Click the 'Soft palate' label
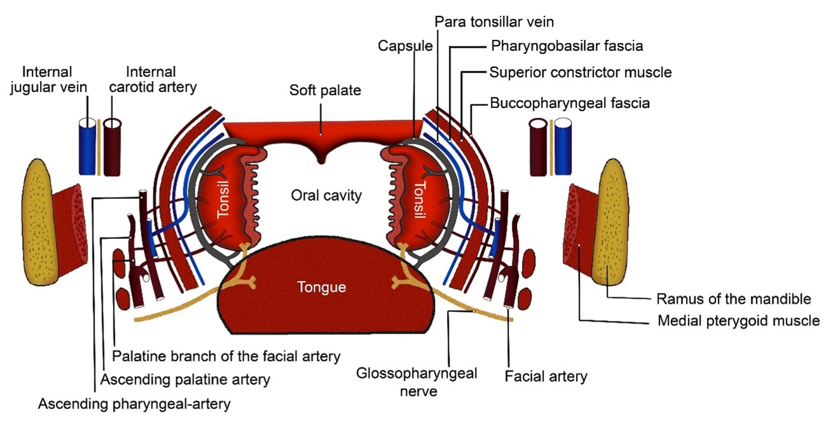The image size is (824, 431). (x=325, y=90)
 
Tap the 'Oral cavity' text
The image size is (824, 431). (x=326, y=195)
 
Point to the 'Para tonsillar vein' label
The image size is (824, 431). (x=494, y=22)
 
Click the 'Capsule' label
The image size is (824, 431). (x=405, y=46)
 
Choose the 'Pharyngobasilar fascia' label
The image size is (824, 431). (x=567, y=46)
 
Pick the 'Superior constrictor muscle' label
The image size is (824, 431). (x=580, y=72)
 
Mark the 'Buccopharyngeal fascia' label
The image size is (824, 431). (x=570, y=102)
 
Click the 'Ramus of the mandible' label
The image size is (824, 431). (x=733, y=299)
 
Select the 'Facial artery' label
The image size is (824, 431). (x=546, y=376)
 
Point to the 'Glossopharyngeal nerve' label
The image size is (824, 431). (x=416, y=381)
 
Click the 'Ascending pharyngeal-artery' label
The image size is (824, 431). (x=134, y=404)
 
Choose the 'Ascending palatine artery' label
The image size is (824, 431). (x=186, y=380)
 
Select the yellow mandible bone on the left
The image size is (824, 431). (x=43, y=219)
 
